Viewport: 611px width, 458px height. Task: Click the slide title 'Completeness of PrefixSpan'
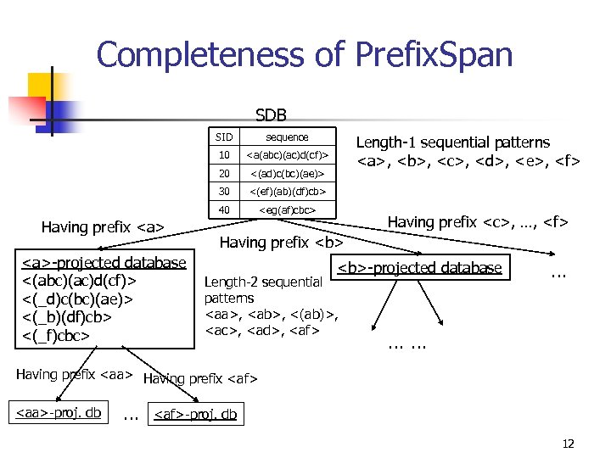coord(305,55)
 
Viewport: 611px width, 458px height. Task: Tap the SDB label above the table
coord(271,114)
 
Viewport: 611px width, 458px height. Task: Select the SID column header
coord(223,137)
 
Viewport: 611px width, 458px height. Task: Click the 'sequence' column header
coord(287,137)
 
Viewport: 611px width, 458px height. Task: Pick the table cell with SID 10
coord(223,155)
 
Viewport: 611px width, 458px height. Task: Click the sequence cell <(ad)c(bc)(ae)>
coord(287,173)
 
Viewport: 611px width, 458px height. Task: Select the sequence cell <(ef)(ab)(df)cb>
coord(287,192)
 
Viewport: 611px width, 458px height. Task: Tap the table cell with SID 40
coord(223,209)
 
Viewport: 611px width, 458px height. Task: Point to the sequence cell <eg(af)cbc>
coord(287,209)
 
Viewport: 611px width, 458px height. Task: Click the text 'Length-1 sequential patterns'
coord(452,142)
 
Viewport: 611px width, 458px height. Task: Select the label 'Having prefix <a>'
coord(102,226)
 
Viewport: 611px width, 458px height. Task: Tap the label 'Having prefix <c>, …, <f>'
coord(478,222)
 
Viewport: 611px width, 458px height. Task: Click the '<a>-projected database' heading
coord(104,263)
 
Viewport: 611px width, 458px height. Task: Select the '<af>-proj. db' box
coord(195,416)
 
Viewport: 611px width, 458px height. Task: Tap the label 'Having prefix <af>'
coord(200,378)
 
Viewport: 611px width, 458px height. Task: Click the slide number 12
coord(568,443)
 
